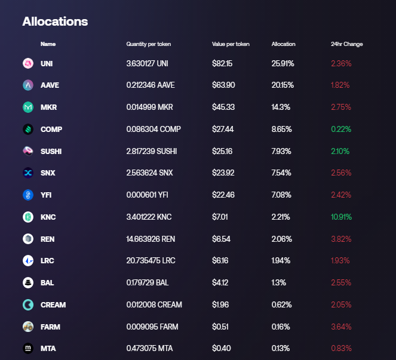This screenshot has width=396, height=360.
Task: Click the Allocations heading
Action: click(x=55, y=21)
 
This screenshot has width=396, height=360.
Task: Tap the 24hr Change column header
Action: click(x=346, y=44)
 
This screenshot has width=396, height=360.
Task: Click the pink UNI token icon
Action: click(x=27, y=63)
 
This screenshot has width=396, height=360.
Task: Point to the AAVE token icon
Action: click(x=27, y=85)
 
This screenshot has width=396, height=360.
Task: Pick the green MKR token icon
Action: click(x=27, y=107)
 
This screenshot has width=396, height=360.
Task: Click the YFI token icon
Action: click(x=27, y=195)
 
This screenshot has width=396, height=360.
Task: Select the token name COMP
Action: click(x=51, y=129)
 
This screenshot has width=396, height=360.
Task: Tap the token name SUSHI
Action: click(x=51, y=151)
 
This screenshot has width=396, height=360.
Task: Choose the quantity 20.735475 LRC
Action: click(x=151, y=261)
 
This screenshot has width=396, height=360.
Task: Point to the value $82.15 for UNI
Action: click(x=222, y=63)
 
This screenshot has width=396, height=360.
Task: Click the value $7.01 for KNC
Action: click(x=220, y=217)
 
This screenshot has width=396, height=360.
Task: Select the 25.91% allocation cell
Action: click(x=283, y=63)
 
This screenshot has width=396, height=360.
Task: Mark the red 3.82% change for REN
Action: click(x=341, y=239)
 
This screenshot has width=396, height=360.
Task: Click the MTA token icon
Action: click(x=27, y=348)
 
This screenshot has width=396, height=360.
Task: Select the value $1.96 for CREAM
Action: click(x=220, y=304)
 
